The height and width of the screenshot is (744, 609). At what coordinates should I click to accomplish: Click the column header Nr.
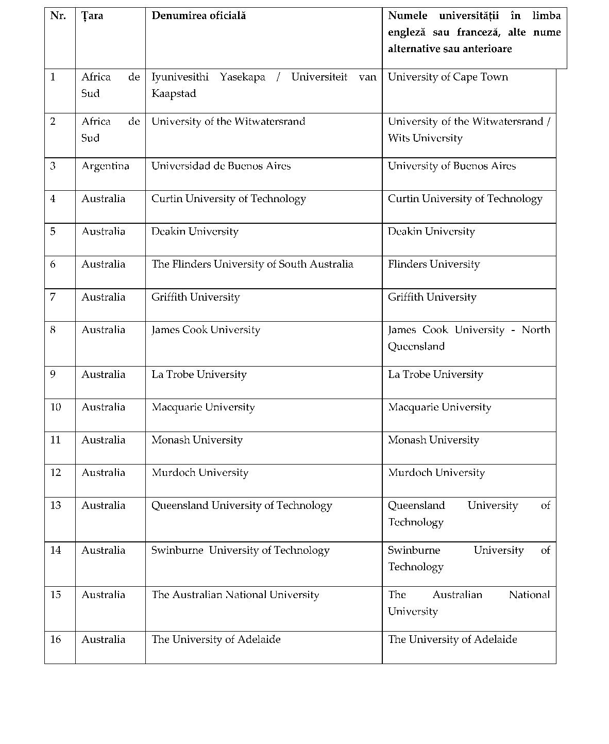click(x=58, y=15)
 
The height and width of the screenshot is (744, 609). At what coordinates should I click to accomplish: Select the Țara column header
click(x=92, y=15)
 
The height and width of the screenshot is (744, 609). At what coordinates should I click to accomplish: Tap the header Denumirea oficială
click(x=198, y=15)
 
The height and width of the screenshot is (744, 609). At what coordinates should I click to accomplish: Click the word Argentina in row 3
click(x=105, y=166)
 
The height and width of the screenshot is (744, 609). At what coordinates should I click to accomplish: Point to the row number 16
click(x=56, y=639)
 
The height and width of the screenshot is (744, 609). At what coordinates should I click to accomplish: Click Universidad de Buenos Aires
click(x=221, y=166)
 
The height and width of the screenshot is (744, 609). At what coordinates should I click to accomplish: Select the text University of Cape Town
click(x=448, y=77)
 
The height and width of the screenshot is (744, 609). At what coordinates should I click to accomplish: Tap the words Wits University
click(x=425, y=138)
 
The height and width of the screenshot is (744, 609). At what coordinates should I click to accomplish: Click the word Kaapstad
click(x=174, y=93)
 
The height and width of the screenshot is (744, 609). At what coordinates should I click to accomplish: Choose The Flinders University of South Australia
click(x=252, y=264)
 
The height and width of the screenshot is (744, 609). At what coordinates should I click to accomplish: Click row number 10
click(x=56, y=407)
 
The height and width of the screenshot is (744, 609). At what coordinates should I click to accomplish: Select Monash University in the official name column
click(x=197, y=440)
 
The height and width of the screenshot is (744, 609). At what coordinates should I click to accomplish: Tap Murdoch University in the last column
click(x=436, y=472)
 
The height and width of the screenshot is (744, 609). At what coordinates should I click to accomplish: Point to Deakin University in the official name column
click(x=195, y=231)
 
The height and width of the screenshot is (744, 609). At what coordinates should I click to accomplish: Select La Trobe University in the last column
click(x=435, y=374)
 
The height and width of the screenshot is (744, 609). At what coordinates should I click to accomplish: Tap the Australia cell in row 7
click(x=103, y=297)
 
